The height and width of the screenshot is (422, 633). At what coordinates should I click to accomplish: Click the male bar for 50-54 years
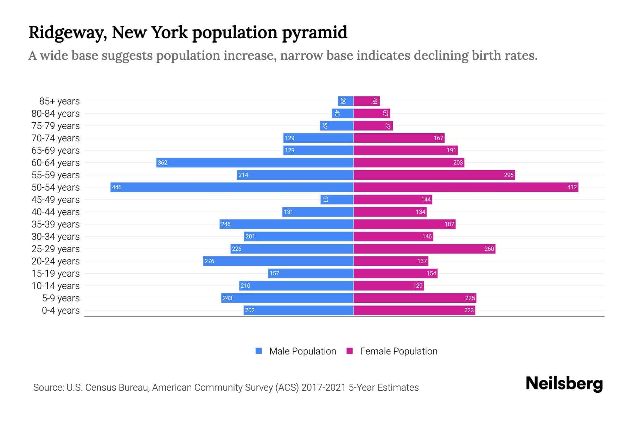pyautogui.click(x=232, y=187)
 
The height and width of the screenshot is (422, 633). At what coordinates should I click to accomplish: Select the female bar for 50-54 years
pyautogui.click(x=466, y=187)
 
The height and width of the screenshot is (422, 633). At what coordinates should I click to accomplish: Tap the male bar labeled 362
pyautogui.click(x=255, y=162)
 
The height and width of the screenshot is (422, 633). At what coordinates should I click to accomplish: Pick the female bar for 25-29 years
pyautogui.click(x=424, y=249)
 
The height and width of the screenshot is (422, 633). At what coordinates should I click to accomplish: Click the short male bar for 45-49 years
pyautogui.click(x=337, y=199)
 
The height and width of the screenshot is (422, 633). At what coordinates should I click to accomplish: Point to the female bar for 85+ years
pyautogui.click(x=366, y=101)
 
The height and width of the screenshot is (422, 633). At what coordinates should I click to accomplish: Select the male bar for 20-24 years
pyautogui.click(x=278, y=261)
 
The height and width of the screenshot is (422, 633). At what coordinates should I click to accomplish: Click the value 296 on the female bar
pyautogui.click(x=509, y=175)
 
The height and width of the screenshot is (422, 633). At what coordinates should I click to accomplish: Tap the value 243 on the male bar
pyautogui.click(x=228, y=298)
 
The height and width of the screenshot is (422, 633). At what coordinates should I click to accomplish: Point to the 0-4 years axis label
pyautogui.click(x=60, y=311)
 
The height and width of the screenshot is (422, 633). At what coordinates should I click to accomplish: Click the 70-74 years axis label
pyautogui.click(x=56, y=138)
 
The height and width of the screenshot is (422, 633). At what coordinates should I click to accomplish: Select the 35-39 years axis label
pyautogui.click(x=56, y=224)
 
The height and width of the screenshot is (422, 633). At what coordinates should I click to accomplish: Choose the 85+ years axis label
pyautogui.click(x=59, y=101)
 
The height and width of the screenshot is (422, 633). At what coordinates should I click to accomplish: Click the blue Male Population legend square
pyautogui.click(x=259, y=351)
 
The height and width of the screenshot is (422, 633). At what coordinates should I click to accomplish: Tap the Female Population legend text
pyautogui.click(x=398, y=351)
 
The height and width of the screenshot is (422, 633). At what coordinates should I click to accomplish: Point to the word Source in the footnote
pyautogui.click(x=48, y=388)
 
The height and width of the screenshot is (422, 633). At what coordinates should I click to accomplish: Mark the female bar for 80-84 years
pyautogui.click(x=372, y=114)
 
